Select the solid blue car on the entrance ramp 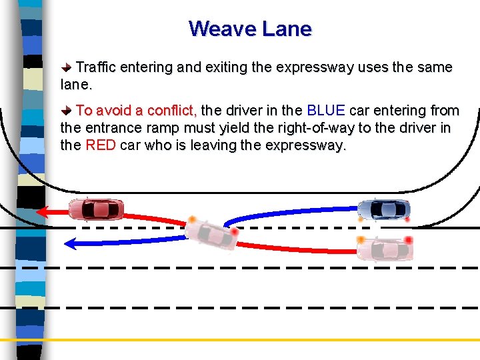pos(384,209)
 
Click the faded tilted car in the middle pos(211,233)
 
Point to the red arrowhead pos(42,213)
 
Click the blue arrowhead pos(69,243)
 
